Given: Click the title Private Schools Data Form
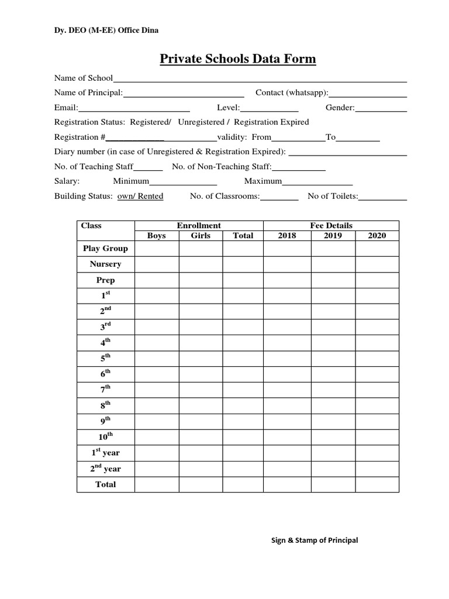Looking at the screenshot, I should (x=238, y=59).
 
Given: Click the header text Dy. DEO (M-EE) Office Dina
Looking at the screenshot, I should (x=106, y=30).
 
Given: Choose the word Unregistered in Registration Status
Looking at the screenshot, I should (x=201, y=122).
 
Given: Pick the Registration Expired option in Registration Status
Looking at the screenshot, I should (x=271, y=122).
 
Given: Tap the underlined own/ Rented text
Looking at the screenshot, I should (x=140, y=197).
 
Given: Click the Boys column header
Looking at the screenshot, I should (x=156, y=236).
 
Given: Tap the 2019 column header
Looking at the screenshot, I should (x=333, y=236).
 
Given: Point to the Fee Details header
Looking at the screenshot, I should (x=331, y=225).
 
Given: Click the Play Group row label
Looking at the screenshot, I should (x=105, y=249).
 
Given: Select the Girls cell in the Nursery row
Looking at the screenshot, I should (x=201, y=264).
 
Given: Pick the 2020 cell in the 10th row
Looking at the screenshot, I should (x=377, y=436).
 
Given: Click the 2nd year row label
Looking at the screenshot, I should (x=105, y=469).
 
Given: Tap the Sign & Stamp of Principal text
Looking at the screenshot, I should (x=315, y=541).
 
